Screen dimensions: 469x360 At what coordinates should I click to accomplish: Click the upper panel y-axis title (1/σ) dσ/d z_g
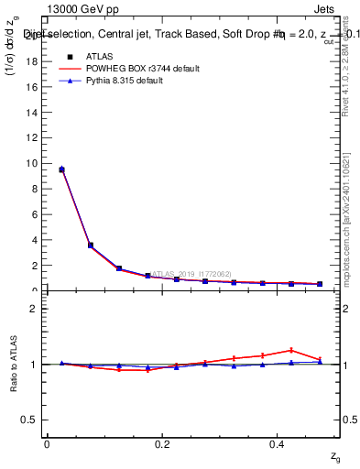(x=13, y=57)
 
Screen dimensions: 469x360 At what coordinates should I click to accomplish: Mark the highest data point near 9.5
(x=61, y=169)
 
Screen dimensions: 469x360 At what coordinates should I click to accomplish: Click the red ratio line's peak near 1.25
(x=291, y=350)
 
